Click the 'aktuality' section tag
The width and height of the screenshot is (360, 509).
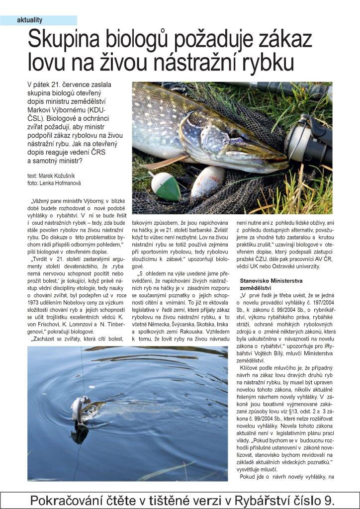point(30,20)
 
